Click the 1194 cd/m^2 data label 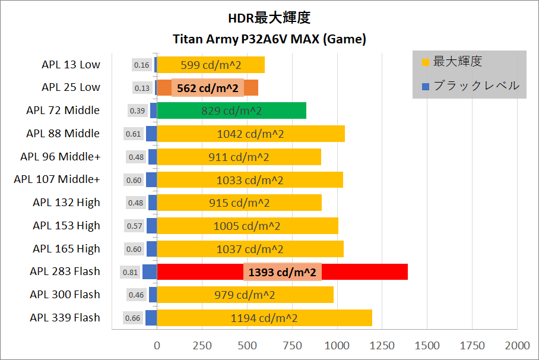[264, 318]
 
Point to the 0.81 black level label [130, 272]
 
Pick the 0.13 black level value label [142, 88]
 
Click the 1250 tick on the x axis [382, 345]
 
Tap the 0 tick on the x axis [157, 345]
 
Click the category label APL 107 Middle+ [57, 179]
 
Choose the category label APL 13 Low [71, 64]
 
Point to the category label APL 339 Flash [65, 318]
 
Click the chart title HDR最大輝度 [269, 18]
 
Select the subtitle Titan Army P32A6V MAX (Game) [269, 40]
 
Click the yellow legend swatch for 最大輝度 [425, 62]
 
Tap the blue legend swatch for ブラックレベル [425, 87]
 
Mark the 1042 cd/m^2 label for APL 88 [251, 134]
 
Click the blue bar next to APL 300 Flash [153, 295]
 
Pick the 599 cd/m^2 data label [211, 65]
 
